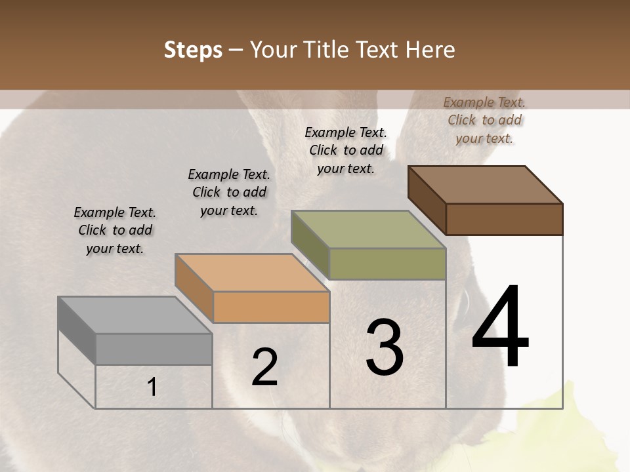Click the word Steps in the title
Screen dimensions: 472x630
193,50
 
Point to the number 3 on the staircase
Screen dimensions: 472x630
385,347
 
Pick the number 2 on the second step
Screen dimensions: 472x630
265,366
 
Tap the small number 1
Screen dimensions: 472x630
152,387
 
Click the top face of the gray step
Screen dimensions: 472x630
135,315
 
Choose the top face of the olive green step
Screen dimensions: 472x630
369,229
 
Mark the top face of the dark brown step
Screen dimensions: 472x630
486,185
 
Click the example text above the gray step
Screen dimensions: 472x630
115,231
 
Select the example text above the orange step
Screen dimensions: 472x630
229,192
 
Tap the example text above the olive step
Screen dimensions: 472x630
346,150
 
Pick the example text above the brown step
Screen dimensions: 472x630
484,120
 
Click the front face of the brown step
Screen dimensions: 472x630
504,219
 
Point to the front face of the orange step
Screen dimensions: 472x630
271,307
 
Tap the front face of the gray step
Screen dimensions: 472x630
154,349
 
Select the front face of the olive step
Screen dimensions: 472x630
387,264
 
